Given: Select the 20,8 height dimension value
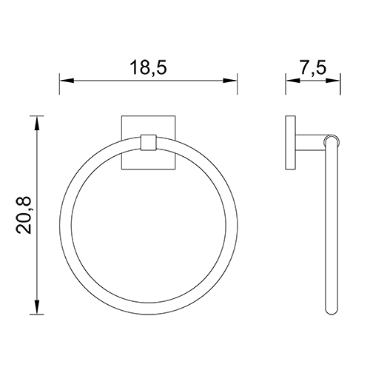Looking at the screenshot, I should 24,215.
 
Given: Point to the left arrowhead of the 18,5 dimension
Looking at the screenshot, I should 64,81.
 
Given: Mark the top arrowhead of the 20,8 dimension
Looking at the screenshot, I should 37,119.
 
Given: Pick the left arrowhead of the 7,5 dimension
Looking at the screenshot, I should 290,81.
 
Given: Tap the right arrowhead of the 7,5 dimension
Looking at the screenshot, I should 336,81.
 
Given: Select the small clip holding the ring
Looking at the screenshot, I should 148,142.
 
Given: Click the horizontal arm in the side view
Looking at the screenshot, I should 309,141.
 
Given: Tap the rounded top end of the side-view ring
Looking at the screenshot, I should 332,139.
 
